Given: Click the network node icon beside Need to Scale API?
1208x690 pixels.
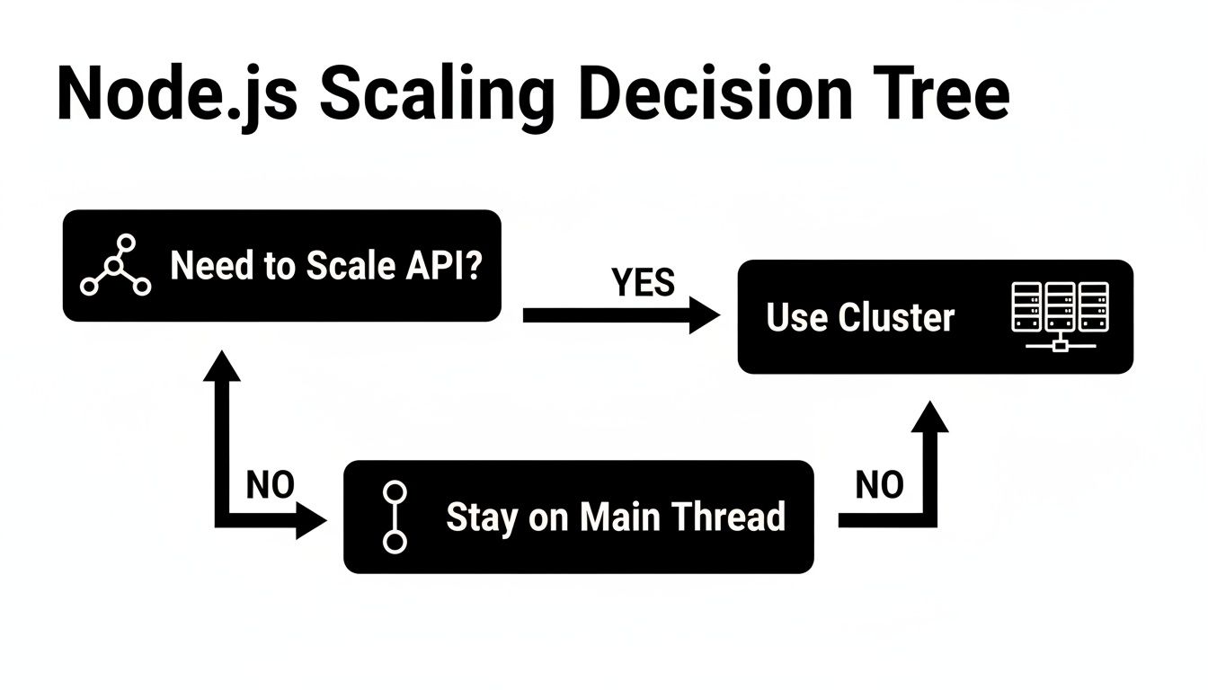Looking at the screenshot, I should click(x=115, y=266).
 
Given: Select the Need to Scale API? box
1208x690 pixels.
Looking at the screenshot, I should click(x=281, y=266).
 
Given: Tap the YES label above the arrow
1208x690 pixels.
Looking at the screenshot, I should click(x=643, y=283).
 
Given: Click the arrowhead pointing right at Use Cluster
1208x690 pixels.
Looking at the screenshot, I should click(x=705, y=315).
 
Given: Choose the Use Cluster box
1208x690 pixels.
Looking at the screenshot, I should click(x=935, y=316).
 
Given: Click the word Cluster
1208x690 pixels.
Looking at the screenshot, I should click(x=895, y=317).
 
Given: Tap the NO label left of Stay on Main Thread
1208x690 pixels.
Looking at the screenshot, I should click(x=270, y=485).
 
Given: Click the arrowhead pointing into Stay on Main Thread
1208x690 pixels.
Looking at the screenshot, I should click(x=312, y=520).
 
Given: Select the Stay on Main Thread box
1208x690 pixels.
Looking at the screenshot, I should click(x=578, y=517).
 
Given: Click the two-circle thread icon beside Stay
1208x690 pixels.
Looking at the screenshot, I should click(x=395, y=517).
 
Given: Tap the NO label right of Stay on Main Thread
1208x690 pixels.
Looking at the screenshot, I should click(x=879, y=485).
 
